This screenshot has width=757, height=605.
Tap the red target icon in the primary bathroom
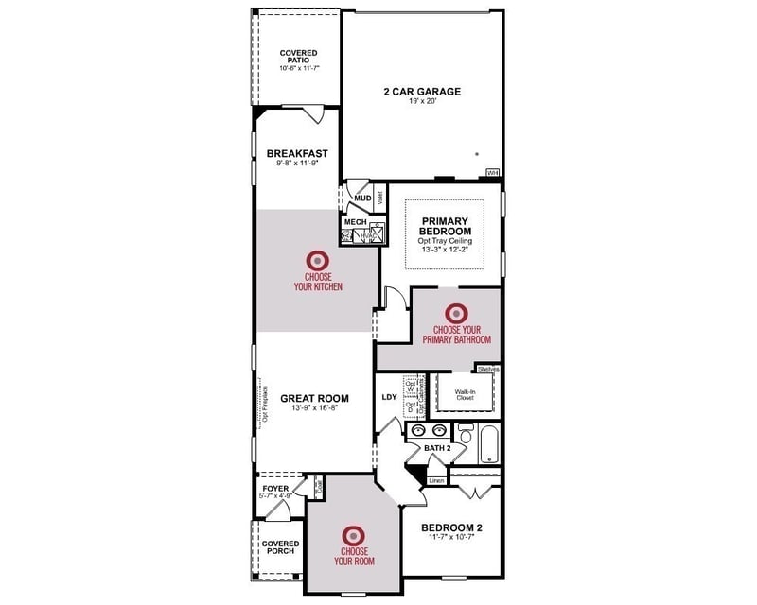click(456, 311)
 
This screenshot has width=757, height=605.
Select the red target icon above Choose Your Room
click(354, 534)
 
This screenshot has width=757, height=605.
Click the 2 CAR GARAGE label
click(421, 92)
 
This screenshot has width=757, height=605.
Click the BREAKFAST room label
click(297, 152)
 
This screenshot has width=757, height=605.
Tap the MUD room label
click(362, 199)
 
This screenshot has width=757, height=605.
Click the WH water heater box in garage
click(492, 172)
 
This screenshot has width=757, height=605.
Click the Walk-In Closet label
click(465, 394)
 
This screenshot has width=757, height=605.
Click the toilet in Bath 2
click(464, 434)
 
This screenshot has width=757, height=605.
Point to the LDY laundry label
click(389, 397)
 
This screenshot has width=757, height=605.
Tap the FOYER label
click(275, 488)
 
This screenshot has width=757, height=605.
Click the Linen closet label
click(436, 480)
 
